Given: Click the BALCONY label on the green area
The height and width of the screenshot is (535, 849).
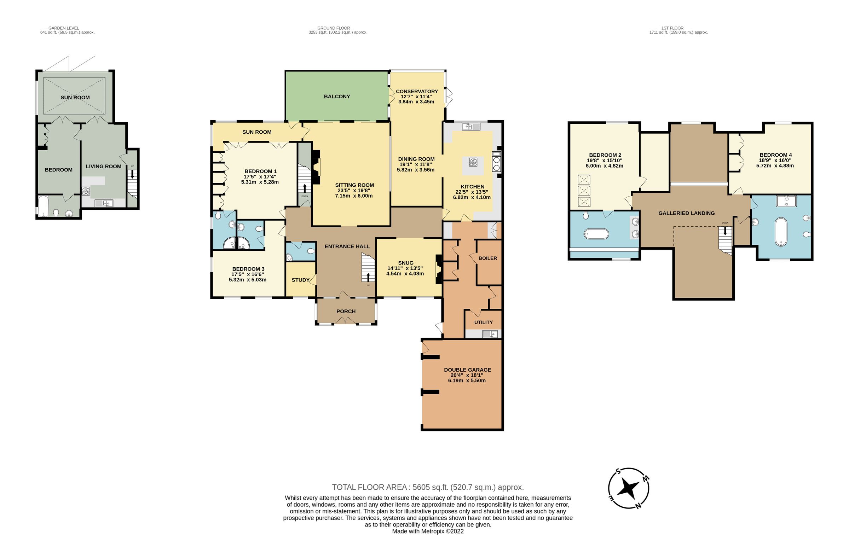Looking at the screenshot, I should [336, 97].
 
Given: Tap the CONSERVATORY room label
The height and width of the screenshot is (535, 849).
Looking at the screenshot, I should [417, 91].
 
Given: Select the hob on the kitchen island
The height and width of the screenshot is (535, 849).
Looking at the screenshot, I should [473, 162].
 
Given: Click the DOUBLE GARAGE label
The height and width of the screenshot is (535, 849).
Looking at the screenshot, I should [467, 370].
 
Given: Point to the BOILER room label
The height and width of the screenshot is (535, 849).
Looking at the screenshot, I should [487, 258].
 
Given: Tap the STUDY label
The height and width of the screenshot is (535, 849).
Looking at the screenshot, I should [300, 280].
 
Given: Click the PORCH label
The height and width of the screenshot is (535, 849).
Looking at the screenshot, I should [346, 311].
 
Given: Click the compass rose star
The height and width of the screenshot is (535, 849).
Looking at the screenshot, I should [628, 489].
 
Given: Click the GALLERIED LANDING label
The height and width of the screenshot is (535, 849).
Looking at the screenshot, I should [686, 213].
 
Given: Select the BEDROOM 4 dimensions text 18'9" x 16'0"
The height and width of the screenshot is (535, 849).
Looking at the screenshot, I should [775, 160].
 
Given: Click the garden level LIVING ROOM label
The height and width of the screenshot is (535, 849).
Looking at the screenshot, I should [103, 166].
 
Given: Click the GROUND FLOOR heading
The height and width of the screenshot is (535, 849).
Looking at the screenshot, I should [333, 28].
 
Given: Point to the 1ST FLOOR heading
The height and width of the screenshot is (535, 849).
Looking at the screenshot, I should [672, 28].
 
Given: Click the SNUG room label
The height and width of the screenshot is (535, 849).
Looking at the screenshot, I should [405, 263].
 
